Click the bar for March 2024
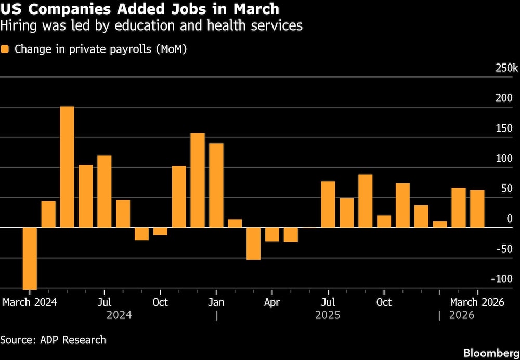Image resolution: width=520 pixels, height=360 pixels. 30,259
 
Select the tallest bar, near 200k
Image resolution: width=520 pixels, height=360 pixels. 67,167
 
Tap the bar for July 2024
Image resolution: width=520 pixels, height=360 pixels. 105,191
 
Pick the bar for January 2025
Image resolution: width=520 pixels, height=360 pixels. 216,185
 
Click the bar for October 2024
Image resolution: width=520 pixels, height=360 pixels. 160,232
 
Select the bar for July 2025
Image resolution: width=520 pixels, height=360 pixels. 328,204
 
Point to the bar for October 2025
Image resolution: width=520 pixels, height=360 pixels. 384,222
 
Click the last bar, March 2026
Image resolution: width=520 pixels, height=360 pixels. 477,209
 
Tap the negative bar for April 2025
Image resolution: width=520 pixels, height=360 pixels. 272,235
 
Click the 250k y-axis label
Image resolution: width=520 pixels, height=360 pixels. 506,68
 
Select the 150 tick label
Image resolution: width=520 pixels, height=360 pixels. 504,128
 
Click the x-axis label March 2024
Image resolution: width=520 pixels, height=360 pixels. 30,302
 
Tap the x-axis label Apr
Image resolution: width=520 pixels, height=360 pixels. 272,302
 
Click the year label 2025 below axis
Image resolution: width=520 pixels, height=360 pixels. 328,315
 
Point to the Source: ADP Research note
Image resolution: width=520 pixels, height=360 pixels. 53,340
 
